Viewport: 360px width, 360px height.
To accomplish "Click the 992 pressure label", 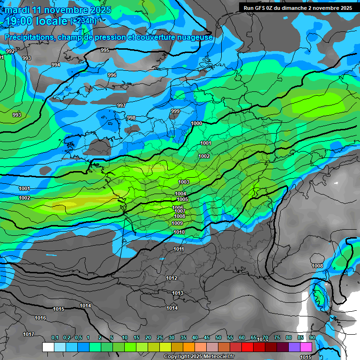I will [x=10, y=51].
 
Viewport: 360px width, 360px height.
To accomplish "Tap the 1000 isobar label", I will [x=197, y=123].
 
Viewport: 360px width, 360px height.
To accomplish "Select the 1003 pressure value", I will [x=184, y=182].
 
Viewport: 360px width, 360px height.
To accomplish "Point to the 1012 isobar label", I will [x=172, y=278].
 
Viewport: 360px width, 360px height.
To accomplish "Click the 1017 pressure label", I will [x=29, y=334].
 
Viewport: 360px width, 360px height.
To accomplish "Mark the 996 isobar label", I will [x=112, y=75].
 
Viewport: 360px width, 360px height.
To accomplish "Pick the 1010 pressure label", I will [x=179, y=232].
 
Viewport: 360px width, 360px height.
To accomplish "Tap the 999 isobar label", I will [x=175, y=111].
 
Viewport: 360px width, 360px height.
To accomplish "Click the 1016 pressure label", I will [x=40, y=318].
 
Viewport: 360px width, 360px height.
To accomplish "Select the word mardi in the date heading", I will [x=18, y=10].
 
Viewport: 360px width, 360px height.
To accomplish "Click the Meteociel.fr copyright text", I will [x=199, y=357].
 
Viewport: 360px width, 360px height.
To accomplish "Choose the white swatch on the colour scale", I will [x=48, y=347].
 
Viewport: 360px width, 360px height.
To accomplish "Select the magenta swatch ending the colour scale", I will [x=306, y=347].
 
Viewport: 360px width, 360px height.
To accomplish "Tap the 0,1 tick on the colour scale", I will [x=55, y=337].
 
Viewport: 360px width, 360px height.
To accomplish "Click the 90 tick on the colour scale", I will [x=312, y=337].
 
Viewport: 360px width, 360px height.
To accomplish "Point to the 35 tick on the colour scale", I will [x=183, y=337].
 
